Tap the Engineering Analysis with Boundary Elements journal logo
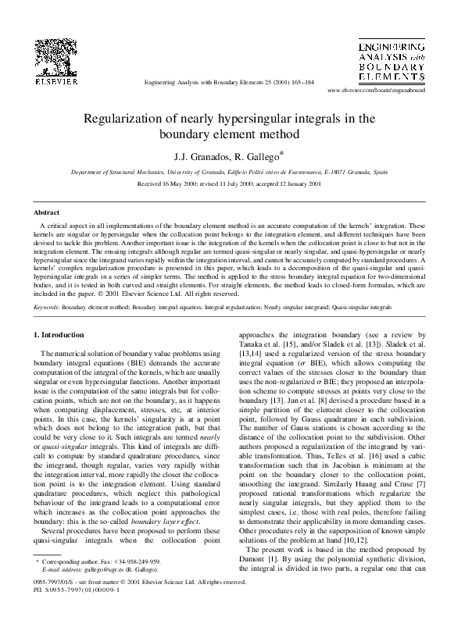(x=392, y=58)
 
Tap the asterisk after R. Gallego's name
(x=282, y=152)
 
